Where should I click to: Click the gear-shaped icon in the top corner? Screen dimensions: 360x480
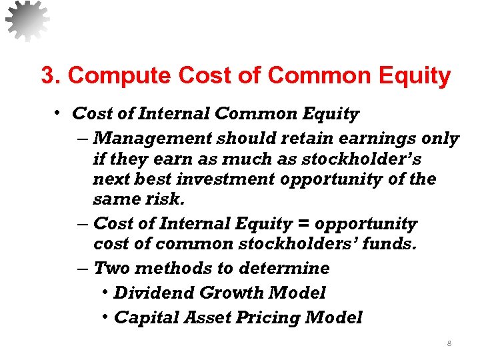(x=27, y=21)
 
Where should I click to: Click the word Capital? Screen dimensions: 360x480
(x=144, y=317)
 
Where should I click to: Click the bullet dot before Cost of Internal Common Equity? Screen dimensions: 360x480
(x=59, y=113)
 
